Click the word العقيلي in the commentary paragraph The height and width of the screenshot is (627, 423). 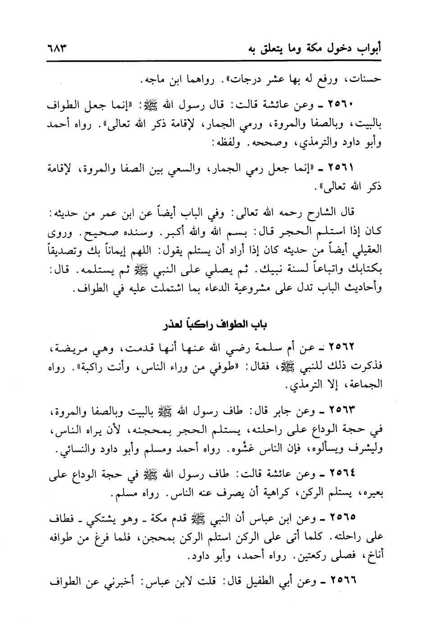pos(360,249)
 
